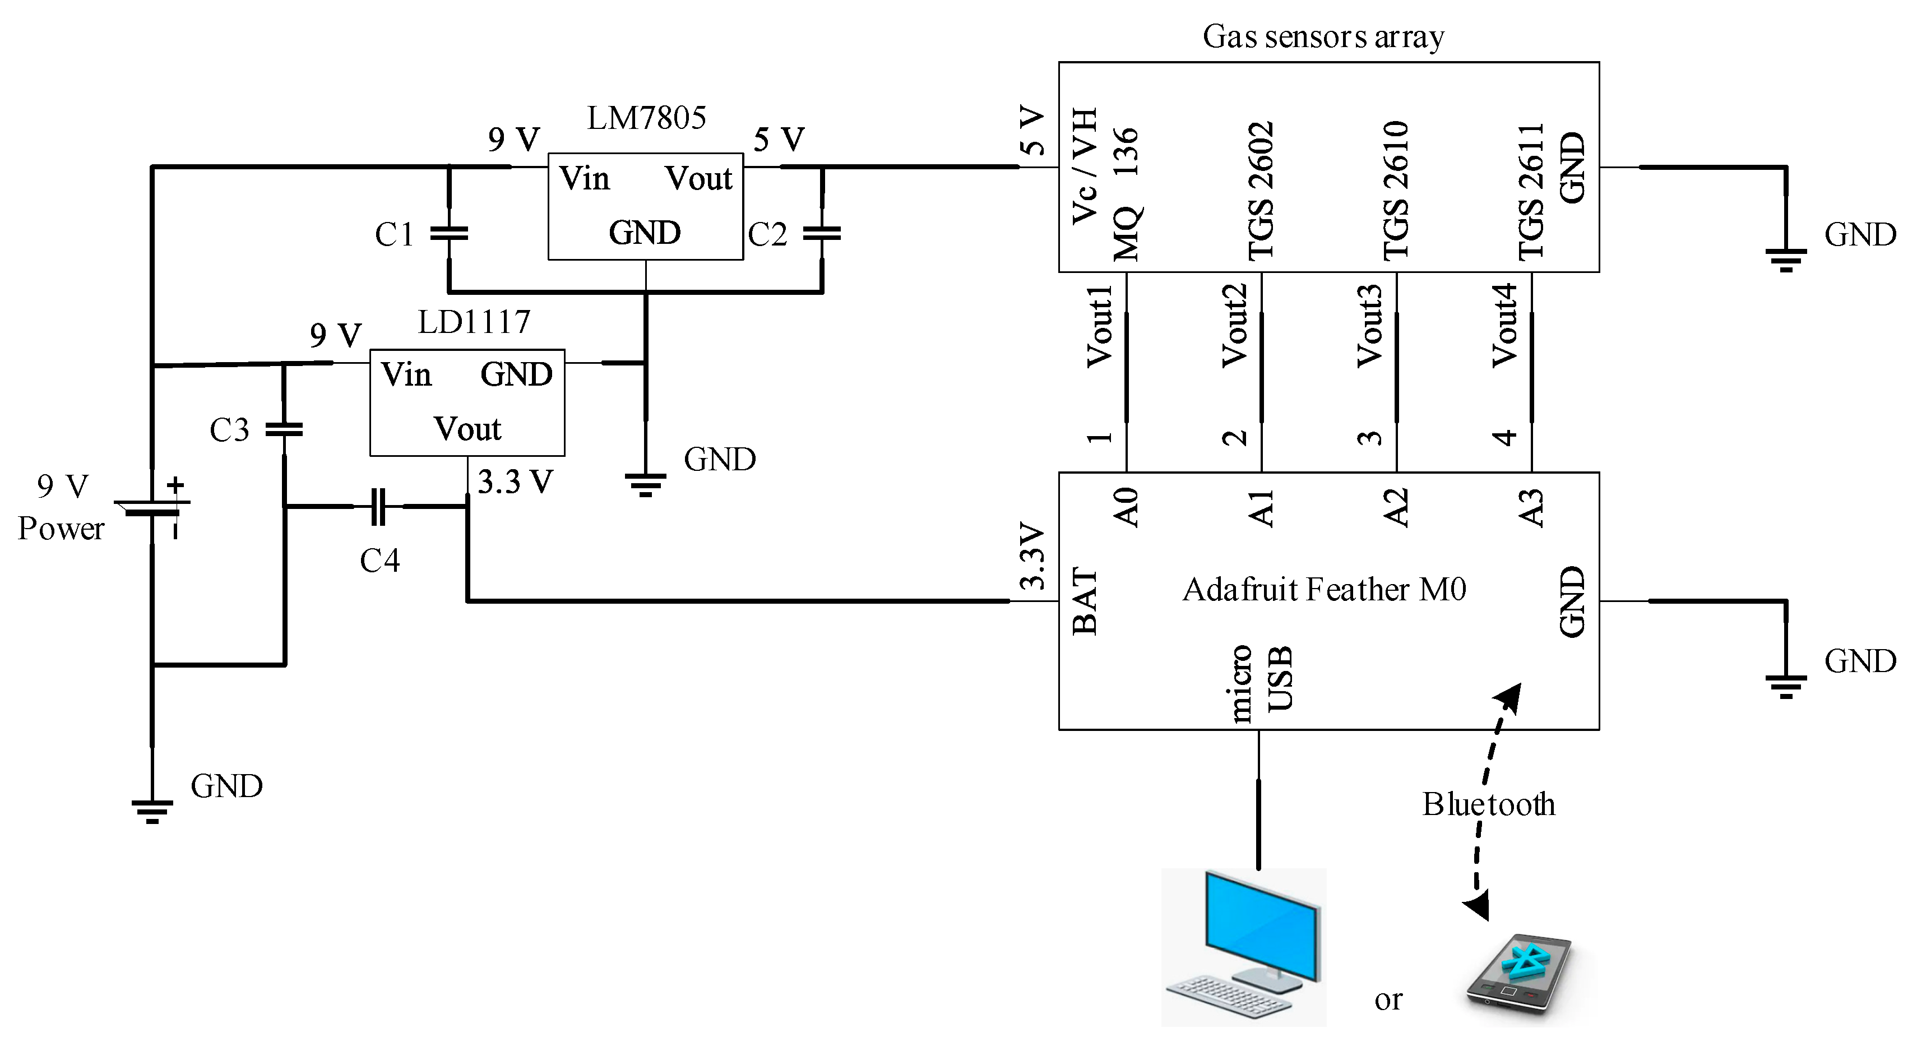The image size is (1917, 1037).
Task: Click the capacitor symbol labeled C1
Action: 449,233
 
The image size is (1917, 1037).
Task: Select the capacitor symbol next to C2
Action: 822,233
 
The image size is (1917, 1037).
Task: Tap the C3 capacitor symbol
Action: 284,429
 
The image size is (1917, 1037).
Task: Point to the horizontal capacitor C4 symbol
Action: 378,506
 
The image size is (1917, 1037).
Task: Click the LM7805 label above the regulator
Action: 646,118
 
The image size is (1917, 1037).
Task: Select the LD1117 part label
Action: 474,322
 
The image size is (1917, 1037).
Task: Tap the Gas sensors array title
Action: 1323,36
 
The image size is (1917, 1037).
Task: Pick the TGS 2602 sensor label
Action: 1261,191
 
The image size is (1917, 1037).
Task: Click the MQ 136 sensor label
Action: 1127,193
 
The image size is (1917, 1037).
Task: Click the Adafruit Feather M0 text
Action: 1324,590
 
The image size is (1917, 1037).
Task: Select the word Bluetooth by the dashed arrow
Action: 1488,804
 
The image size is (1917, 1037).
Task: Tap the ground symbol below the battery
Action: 152,812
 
